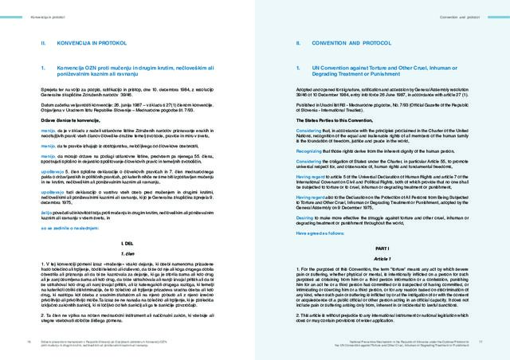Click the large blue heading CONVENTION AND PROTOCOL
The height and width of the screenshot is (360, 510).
click(344, 42)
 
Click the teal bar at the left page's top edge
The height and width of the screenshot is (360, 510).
click(127, 2)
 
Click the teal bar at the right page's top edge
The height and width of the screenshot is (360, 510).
click(382, 2)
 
